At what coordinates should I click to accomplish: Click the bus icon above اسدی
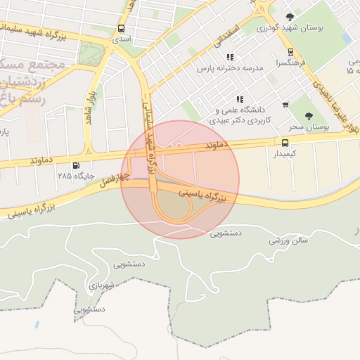click(122, 29)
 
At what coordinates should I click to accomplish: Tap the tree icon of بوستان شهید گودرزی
click(290, 17)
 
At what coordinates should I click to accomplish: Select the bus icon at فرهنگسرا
click(290, 53)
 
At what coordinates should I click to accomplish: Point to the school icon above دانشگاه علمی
click(240, 99)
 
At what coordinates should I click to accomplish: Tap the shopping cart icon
click(285, 105)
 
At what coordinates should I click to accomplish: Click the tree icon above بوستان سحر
click(309, 116)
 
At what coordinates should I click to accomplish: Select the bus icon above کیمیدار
click(283, 142)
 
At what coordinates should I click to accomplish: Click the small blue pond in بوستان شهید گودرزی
click(346, 38)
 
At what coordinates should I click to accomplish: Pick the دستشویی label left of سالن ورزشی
click(226, 232)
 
